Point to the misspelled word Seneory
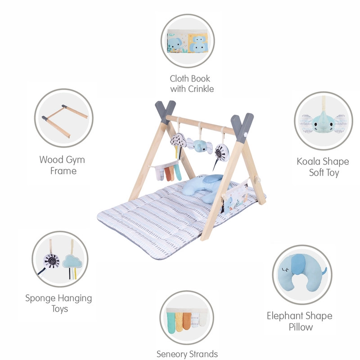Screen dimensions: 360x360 click(x=171, y=354)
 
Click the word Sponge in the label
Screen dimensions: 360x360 click(x=39, y=298)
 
